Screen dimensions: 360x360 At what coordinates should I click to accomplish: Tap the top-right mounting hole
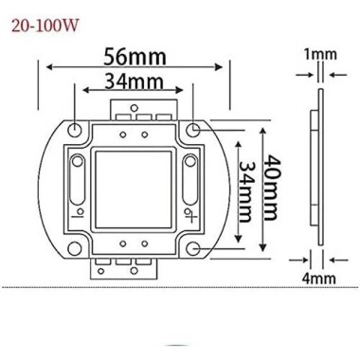click(194, 126)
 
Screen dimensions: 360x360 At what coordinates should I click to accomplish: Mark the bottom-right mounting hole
click(194, 248)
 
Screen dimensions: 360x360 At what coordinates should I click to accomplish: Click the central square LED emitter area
click(133, 188)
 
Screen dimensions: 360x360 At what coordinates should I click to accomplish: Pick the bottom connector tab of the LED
click(133, 267)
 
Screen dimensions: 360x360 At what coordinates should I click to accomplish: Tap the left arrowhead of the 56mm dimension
click(45, 66)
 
